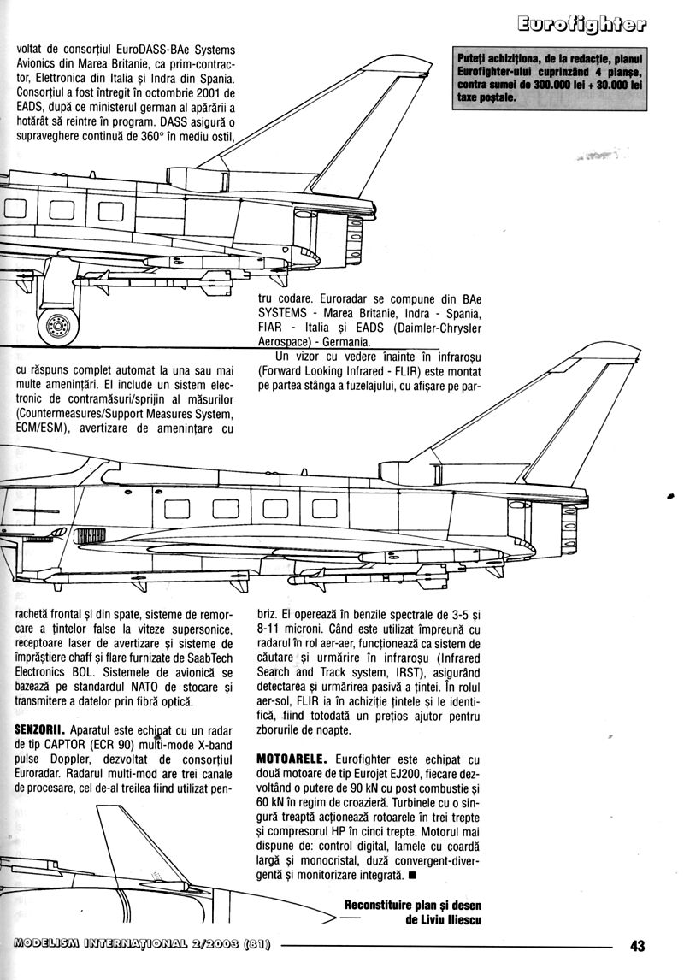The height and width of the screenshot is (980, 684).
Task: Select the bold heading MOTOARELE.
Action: pos(287,758)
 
